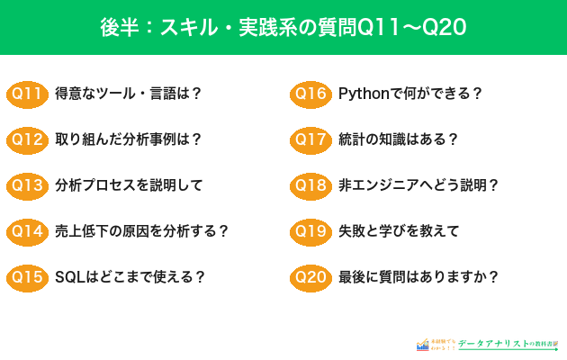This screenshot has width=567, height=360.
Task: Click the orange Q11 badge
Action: tap(26, 94)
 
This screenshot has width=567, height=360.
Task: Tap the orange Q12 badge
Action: tap(26, 139)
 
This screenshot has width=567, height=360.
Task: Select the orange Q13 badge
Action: tap(26, 185)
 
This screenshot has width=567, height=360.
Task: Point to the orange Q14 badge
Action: tap(26, 231)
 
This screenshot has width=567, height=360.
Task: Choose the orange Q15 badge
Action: tap(26, 277)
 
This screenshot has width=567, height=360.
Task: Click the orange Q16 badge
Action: tap(310, 94)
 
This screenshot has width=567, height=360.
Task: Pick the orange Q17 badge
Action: tap(310, 139)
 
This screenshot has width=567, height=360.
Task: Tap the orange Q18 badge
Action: tap(310, 185)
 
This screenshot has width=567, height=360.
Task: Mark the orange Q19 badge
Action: tap(310, 231)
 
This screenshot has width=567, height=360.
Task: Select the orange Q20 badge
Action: tap(310, 277)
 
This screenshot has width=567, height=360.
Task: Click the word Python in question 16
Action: tap(363, 94)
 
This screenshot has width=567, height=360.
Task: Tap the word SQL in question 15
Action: tap(69, 277)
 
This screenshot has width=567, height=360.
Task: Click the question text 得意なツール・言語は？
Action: tap(128, 94)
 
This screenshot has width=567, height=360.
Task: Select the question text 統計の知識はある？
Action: tap(399, 139)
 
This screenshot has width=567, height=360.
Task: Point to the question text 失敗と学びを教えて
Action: tap(399, 231)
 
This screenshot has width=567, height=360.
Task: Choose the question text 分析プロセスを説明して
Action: tap(129, 185)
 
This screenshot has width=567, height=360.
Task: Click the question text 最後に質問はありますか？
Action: tap(418, 277)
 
